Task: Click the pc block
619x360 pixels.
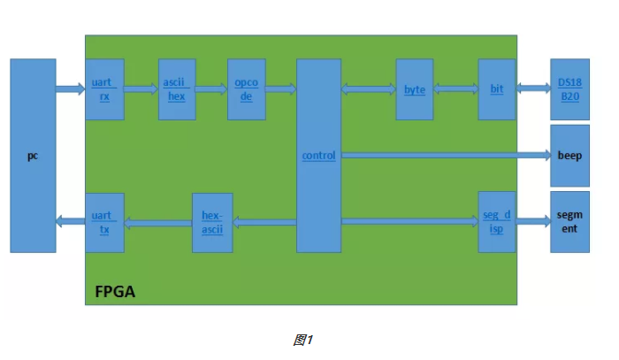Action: coord(33,156)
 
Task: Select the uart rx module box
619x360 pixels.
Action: coord(104,89)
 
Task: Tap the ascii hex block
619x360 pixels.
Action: coord(177,89)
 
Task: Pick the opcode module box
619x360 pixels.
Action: coord(246,89)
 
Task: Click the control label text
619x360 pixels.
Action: coord(318,156)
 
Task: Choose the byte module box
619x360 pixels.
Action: coord(414,89)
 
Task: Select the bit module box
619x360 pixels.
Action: coord(496,89)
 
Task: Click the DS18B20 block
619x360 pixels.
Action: coord(569,89)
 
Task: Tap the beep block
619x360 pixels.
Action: coord(569,155)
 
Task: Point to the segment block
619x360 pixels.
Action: coord(569,222)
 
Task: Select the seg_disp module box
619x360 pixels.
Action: coord(496,222)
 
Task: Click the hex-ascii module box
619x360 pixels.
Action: coord(212,222)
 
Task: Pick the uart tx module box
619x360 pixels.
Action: coord(104,222)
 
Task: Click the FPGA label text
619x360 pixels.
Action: coord(115,291)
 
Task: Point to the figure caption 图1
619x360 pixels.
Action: coord(303,340)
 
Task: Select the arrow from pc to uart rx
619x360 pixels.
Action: coord(70,88)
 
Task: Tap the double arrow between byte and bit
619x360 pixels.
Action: coord(455,88)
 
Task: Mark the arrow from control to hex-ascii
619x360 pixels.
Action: coord(264,222)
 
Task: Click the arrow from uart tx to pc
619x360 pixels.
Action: coord(70,222)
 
